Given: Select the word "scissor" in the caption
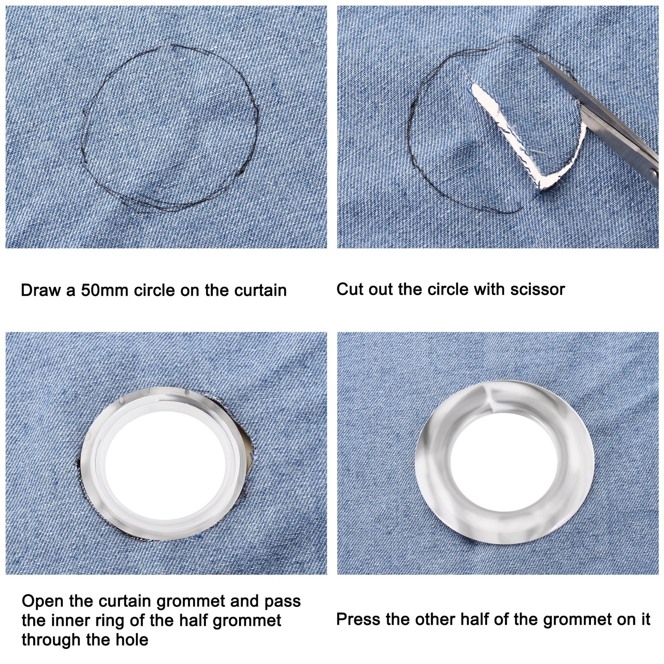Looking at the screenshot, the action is point(537,290).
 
